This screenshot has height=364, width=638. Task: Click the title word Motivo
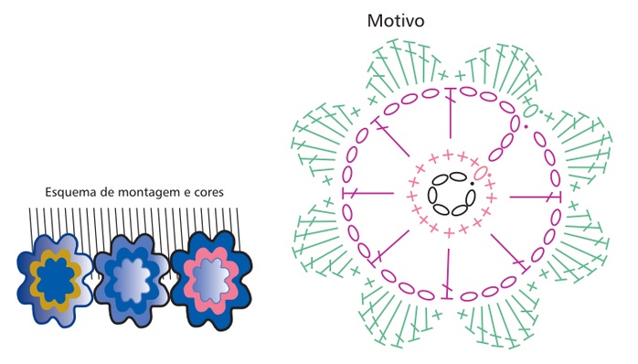tap(396, 21)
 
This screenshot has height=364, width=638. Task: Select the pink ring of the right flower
tap(187, 281)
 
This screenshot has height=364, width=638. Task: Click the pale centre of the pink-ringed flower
tap(211, 282)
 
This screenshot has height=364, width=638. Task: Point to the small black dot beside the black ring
tap(473, 184)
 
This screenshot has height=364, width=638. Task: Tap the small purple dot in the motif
tap(526, 126)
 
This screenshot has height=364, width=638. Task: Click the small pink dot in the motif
tap(489, 175)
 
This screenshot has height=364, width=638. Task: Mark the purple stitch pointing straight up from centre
tap(451, 113)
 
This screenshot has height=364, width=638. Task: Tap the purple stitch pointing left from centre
tap(368, 194)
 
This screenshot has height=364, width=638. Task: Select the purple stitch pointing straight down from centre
tap(448, 273)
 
